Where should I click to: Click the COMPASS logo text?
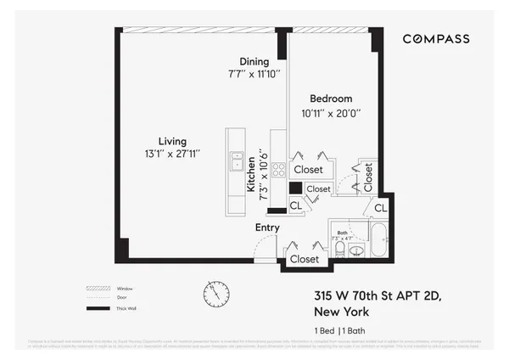coord(435,39)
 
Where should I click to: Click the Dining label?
coord(254,61)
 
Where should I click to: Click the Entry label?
coord(267,228)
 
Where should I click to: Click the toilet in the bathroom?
coord(340,247)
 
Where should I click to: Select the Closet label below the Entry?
coord(304,259)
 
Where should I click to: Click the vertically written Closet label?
coord(368,177)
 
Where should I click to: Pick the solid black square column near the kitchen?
coord(295,188)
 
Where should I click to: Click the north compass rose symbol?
coord(216,294)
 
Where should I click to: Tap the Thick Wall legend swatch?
coord(99,307)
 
